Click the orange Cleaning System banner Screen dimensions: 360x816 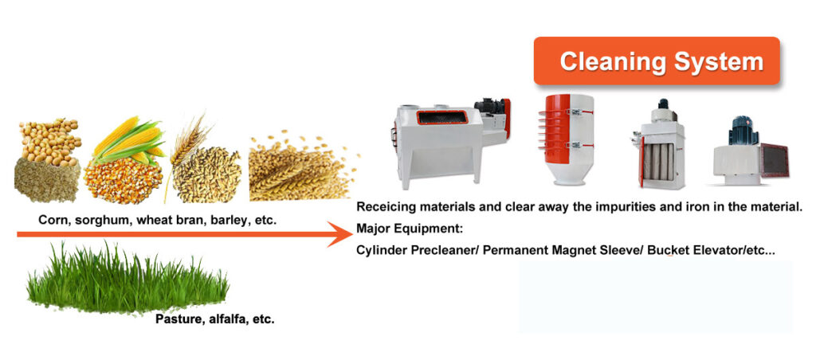[x=657, y=61]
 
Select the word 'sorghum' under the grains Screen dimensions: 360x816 [x=104, y=218]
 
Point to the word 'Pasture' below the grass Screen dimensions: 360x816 [x=177, y=319]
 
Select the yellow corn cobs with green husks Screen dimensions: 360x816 [x=126, y=143]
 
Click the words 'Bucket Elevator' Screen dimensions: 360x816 [x=678, y=249]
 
